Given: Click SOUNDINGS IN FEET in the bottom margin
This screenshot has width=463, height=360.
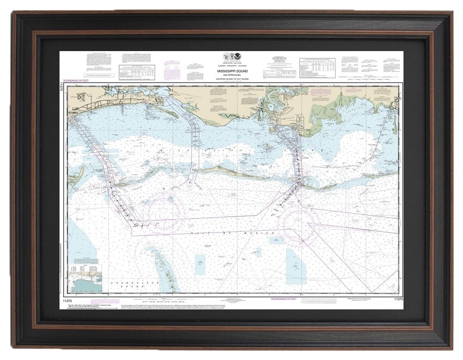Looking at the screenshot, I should [x=284, y=299].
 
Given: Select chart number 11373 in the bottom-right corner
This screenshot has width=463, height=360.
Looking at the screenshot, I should [x=398, y=299].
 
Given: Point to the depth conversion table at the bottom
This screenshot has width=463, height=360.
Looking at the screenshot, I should [x=323, y=300].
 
